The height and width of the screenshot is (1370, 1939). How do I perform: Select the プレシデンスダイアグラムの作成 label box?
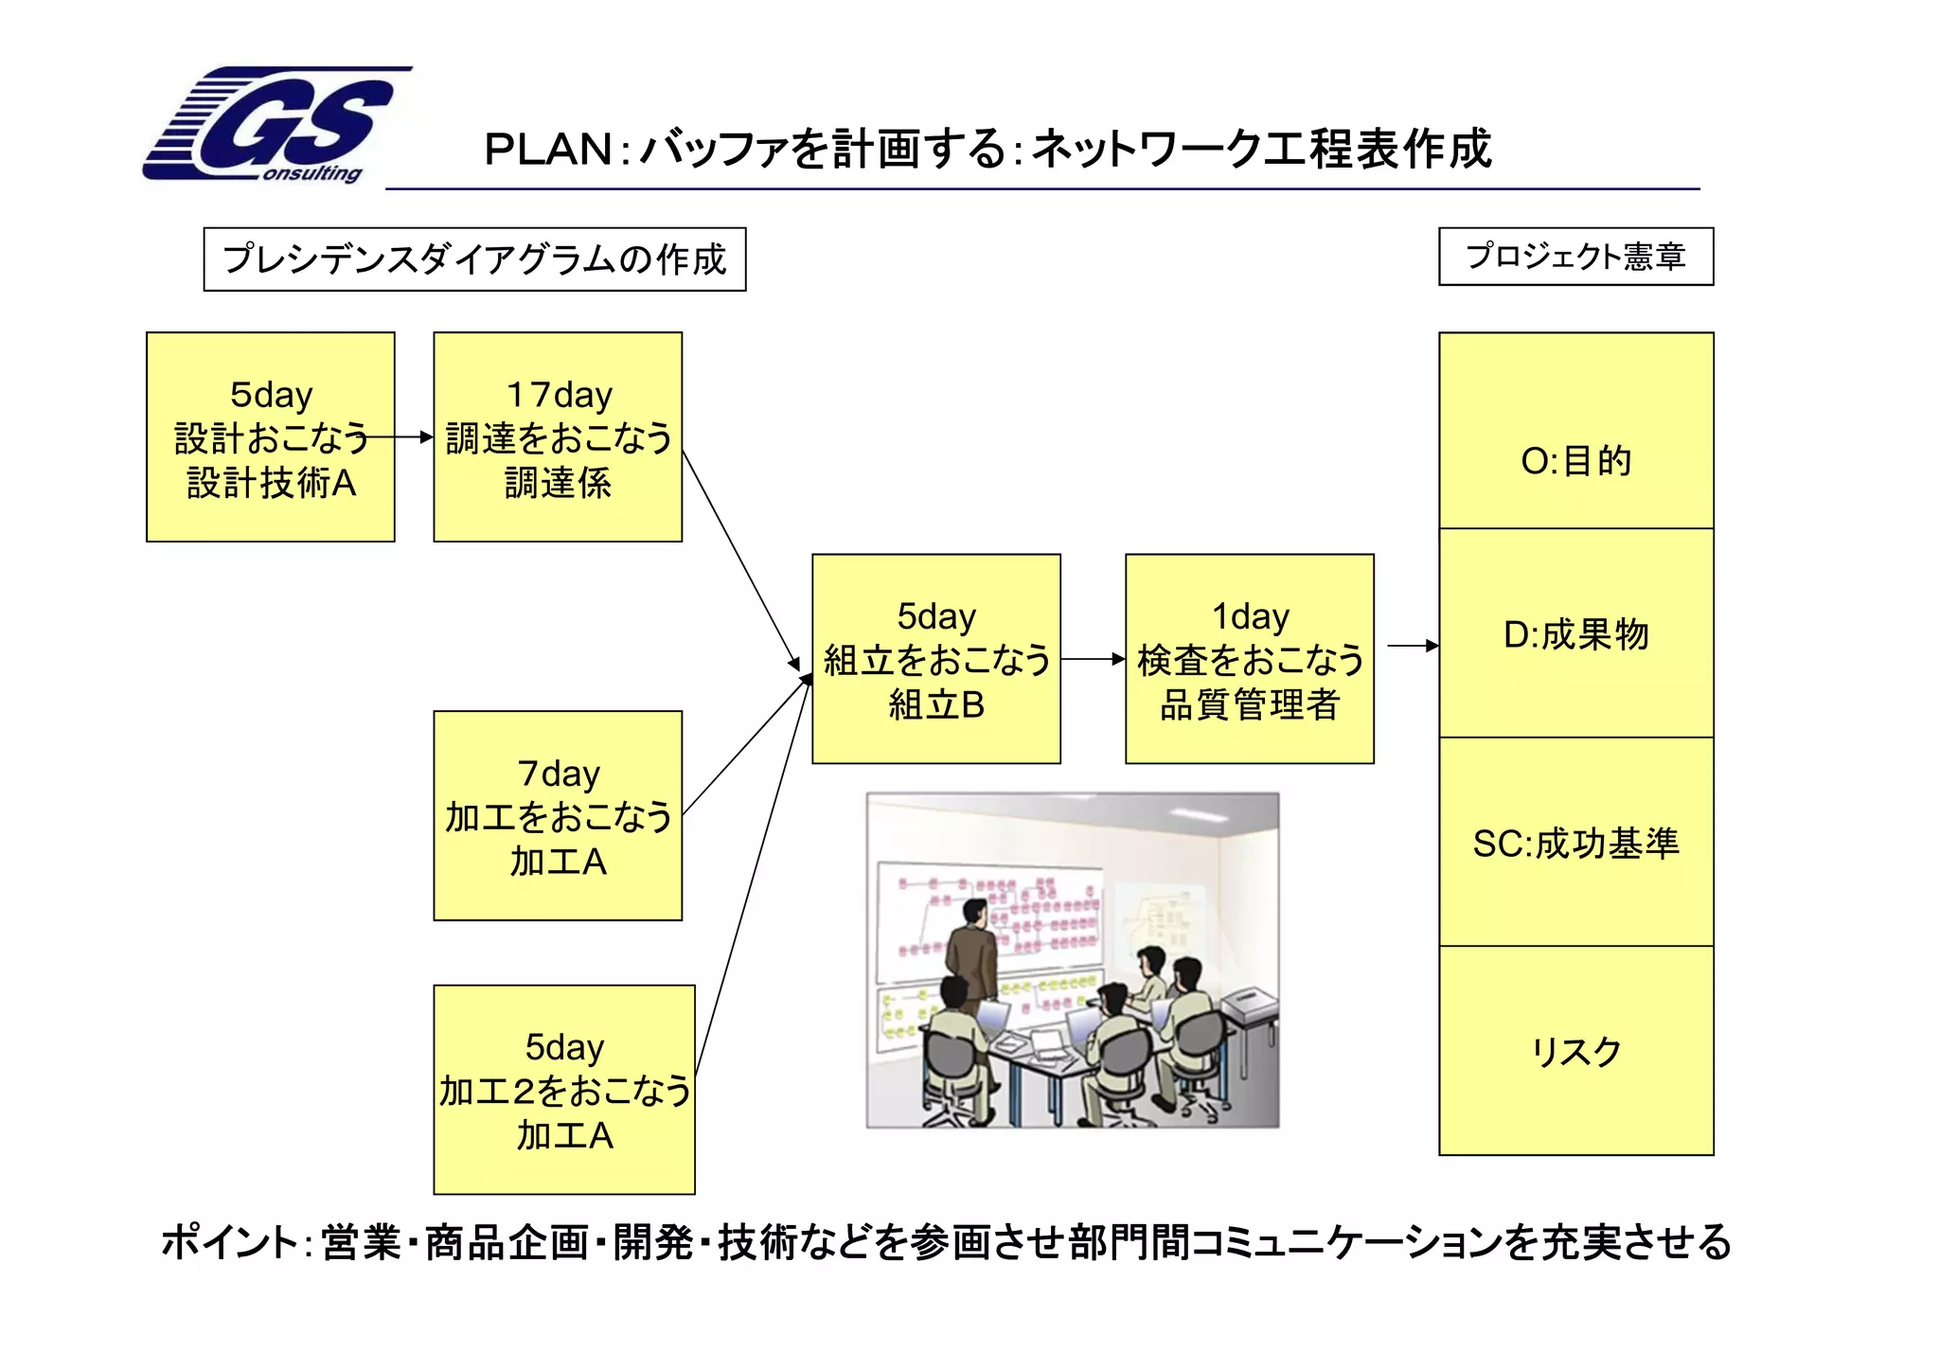coord(474,259)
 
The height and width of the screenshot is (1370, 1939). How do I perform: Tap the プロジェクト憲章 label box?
coord(1575,257)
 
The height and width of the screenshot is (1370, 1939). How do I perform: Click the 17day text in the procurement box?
coord(559,395)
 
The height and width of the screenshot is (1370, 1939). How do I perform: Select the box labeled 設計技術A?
coord(271,437)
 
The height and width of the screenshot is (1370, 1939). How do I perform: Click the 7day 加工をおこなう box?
coord(558,816)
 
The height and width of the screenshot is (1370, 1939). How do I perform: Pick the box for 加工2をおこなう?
coord(564,1090)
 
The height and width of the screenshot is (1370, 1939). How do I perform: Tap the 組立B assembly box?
coord(936,659)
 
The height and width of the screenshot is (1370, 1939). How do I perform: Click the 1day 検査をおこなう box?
coord(1250,659)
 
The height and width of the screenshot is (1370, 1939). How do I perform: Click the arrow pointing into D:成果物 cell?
coord(1412,646)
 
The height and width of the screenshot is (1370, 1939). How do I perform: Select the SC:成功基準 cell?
coord(1575,842)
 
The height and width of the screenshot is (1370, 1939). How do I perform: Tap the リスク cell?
coord(1575,1051)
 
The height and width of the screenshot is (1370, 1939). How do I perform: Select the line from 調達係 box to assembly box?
coord(741,559)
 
